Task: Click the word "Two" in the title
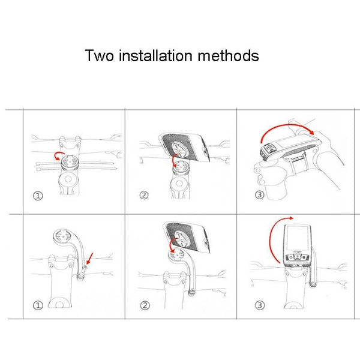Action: [x=99, y=56]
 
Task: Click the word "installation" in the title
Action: [x=155, y=55]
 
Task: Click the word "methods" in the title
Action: [x=228, y=55]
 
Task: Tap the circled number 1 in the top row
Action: [x=38, y=196]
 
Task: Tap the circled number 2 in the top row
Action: [x=144, y=195]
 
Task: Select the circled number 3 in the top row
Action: [x=259, y=195]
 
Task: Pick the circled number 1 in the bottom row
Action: [x=38, y=305]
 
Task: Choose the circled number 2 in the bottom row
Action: [x=145, y=305]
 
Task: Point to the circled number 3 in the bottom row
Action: [x=260, y=305]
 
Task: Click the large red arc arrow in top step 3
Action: [x=287, y=125]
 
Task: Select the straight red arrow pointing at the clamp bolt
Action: [x=90, y=259]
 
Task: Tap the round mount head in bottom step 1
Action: [x=61, y=236]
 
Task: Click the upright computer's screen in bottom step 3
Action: [x=298, y=238]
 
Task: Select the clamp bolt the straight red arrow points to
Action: [x=85, y=267]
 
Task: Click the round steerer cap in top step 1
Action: [x=68, y=179]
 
